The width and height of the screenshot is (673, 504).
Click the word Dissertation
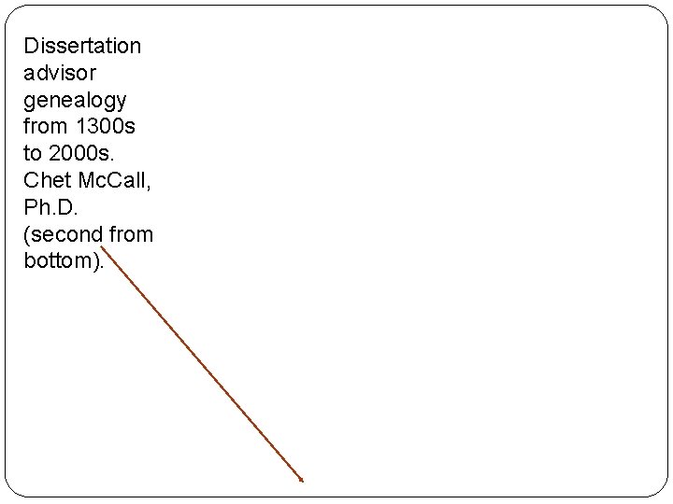click(x=82, y=45)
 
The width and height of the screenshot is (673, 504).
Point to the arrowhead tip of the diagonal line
click(x=303, y=482)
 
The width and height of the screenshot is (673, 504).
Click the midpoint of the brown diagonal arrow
click(x=202, y=365)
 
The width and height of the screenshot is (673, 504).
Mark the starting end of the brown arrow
click(x=102, y=247)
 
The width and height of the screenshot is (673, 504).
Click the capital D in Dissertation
click(x=31, y=45)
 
